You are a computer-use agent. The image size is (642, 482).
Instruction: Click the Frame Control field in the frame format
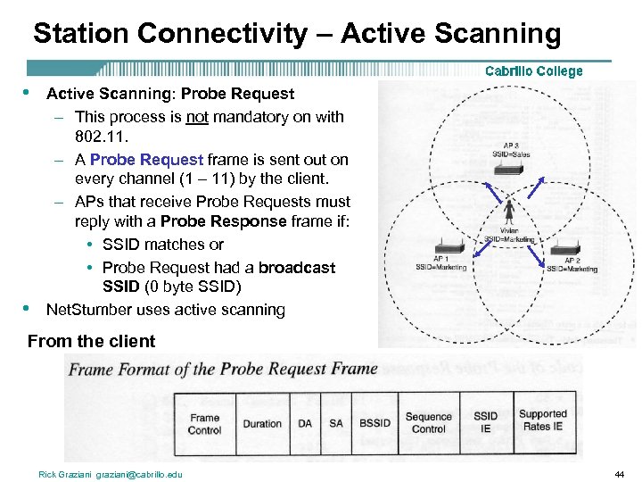coord(204,423)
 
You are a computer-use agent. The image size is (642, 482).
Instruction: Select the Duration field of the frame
coord(262,423)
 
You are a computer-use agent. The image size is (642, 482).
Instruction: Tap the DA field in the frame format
coord(305,423)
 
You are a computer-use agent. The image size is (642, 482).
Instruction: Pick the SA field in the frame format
coord(335,423)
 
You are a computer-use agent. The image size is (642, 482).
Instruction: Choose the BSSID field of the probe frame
coord(374,423)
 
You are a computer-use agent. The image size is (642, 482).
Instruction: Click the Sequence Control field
coord(429,423)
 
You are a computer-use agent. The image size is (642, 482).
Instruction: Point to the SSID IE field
coord(486,423)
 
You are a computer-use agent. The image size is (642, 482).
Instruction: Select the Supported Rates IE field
coord(543,420)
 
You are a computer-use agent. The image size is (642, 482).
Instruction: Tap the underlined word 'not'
coord(196,117)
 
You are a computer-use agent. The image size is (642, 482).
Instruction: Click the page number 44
coord(620,474)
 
